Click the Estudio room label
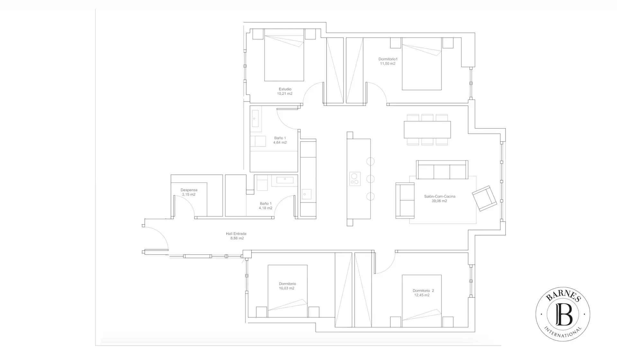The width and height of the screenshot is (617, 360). click(x=285, y=89)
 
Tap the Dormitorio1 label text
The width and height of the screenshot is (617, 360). click(x=388, y=59)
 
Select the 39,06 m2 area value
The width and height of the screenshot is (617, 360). click(x=439, y=201)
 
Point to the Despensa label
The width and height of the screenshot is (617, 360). click(x=189, y=190)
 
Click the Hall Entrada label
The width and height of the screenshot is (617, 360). click(x=236, y=234)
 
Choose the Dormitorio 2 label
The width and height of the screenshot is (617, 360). click(x=423, y=291)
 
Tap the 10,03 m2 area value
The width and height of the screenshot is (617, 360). click(x=287, y=288)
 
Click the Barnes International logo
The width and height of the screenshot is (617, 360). click(x=563, y=314)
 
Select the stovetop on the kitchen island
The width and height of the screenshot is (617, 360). click(x=355, y=179)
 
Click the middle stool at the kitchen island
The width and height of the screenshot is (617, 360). click(x=370, y=179)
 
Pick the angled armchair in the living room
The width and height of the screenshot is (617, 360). click(x=485, y=198)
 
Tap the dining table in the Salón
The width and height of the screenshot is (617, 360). click(x=427, y=130)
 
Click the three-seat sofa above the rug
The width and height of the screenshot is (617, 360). click(x=442, y=169)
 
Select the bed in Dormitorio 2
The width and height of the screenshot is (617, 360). click(x=422, y=301)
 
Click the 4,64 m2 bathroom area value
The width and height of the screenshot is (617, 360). click(x=280, y=142)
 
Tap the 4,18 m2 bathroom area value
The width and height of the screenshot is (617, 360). click(x=265, y=208)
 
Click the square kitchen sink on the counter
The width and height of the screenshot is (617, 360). click(x=306, y=194)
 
